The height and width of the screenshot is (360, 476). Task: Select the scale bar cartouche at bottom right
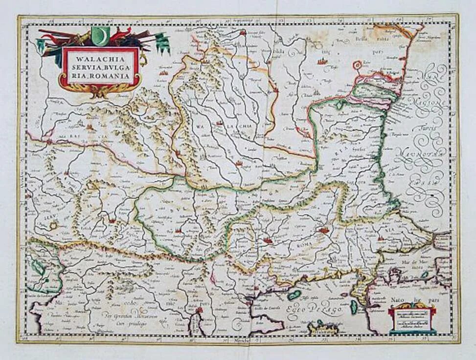coord(412,320)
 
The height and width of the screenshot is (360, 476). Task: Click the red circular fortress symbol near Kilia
coord(358,64)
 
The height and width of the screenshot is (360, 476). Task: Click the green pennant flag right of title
coord(163,44)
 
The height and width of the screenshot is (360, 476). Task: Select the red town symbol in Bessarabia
coord(321,62)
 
